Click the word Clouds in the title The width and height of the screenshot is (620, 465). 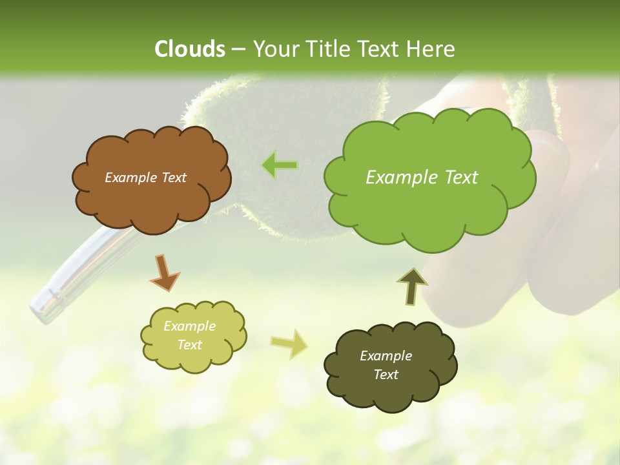point(190,49)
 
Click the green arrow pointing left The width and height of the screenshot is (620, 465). point(280,165)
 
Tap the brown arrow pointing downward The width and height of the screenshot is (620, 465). point(164,272)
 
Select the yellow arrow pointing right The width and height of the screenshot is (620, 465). point(289,344)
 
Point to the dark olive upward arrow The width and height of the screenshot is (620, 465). point(411,287)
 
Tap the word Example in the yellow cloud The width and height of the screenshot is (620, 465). point(189,326)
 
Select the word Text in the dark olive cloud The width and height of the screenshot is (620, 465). point(386,375)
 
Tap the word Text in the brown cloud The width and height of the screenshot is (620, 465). point(174,178)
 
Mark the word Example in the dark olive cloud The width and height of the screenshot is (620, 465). point(386,356)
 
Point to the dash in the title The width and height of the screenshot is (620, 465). point(238,49)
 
